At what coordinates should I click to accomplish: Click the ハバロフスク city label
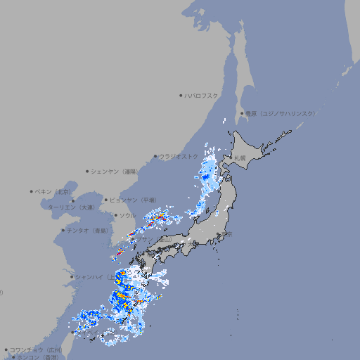pos(202,95)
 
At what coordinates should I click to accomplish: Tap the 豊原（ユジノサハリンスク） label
pos(280,113)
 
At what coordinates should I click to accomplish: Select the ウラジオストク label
pos(179,157)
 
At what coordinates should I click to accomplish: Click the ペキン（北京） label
pos(53,191)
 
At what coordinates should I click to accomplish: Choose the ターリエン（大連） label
pos(71,207)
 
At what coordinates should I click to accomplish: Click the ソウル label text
pos(128,215)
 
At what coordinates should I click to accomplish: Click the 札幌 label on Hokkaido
pos(240,158)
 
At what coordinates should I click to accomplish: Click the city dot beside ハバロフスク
pos(181,95)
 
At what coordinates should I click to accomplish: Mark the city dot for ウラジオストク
pos(155,157)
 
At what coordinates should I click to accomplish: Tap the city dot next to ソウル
pos(115,215)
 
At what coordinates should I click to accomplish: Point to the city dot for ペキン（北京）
pos(32,191)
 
